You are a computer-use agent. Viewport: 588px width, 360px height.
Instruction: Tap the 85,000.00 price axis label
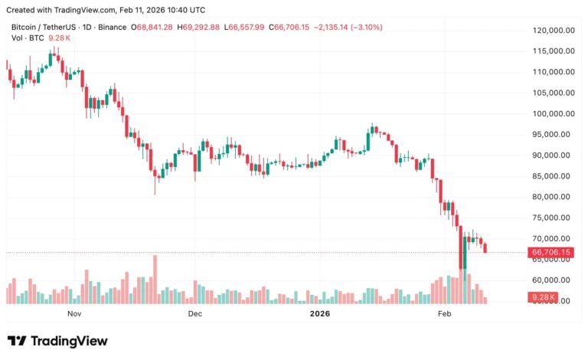pos(554,176)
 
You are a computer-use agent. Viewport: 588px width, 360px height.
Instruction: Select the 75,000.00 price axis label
pos(554,218)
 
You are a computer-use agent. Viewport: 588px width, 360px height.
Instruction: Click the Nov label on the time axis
pos(74,313)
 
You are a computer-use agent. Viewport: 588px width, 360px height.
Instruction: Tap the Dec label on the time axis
pos(194,313)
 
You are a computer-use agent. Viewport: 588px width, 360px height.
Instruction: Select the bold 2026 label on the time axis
pos(318,313)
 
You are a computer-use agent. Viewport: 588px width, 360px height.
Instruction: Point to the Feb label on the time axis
pos(444,313)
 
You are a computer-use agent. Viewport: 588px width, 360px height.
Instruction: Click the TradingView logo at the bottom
pos(57,341)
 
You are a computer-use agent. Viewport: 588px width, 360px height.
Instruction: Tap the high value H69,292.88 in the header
pos(198,28)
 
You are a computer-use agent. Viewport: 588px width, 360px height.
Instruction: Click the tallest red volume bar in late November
pos(155,279)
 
